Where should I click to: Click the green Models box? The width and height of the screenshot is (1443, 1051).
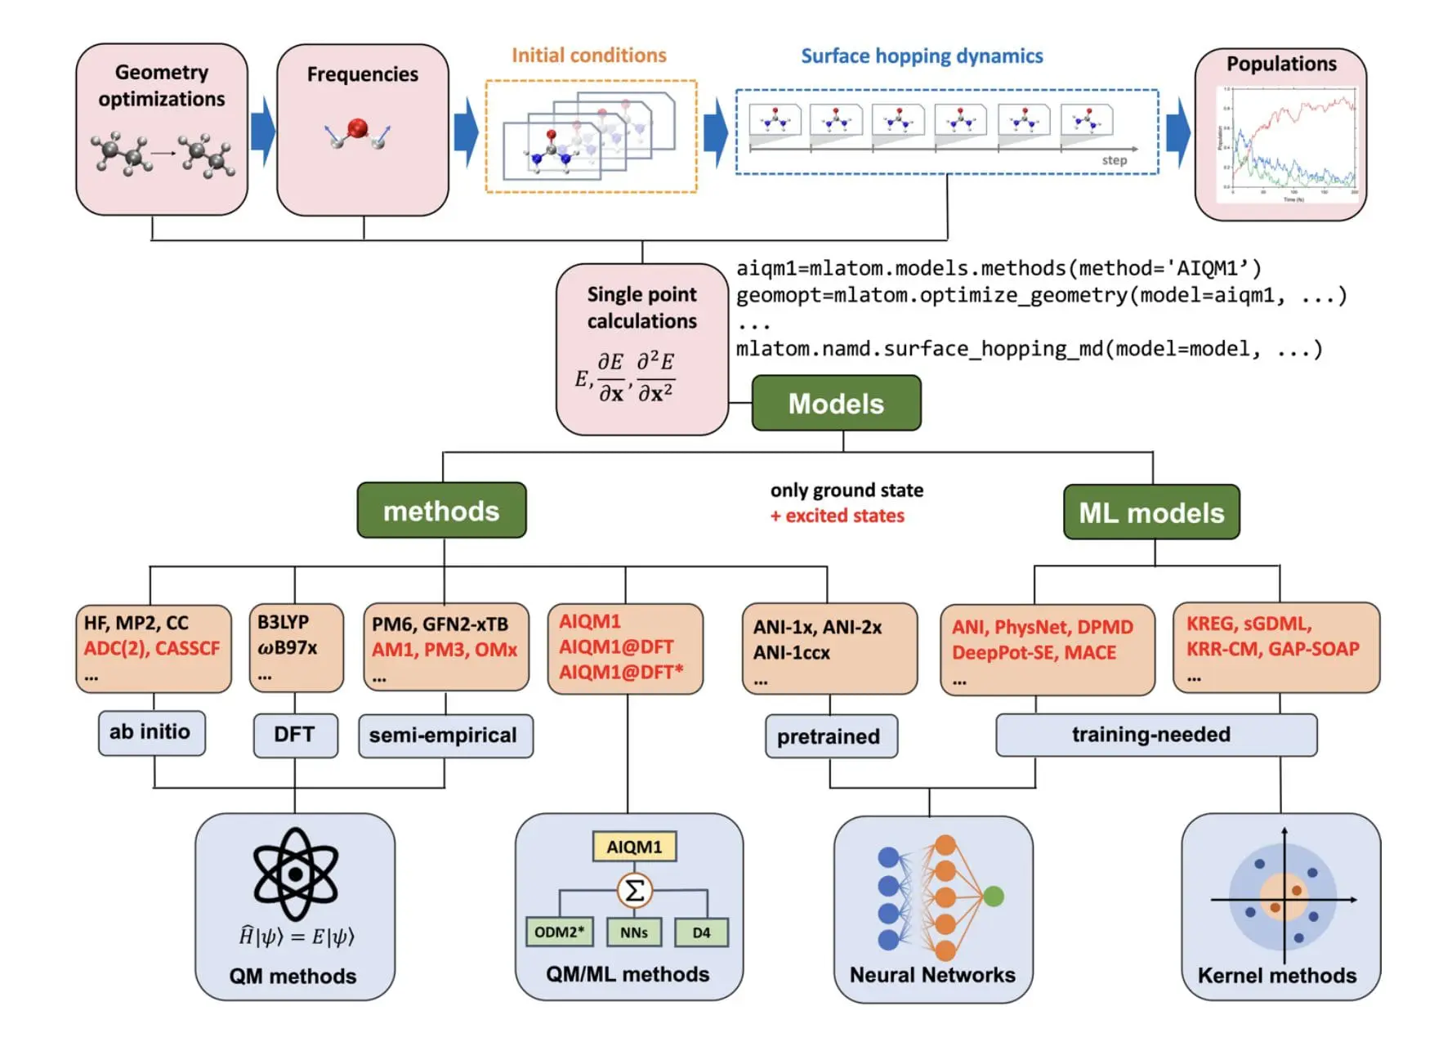[x=835, y=403]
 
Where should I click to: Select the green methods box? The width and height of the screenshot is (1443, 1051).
[x=441, y=511]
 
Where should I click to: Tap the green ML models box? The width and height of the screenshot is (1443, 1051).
[x=1150, y=512]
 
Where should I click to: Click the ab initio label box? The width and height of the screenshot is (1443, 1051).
[x=150, y=732]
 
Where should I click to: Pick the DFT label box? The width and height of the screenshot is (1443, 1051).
[x=294, y=735]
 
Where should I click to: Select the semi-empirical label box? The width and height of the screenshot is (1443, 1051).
[x=445, y=736]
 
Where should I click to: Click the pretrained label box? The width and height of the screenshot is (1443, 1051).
[x=829, y=736]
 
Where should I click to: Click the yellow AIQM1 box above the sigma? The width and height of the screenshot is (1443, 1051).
[x=634, y=847]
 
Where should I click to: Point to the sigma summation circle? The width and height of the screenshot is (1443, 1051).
[x=634, y=890]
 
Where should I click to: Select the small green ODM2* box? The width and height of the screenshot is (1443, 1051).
[x=559, y=932]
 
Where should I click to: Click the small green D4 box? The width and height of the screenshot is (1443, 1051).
[x=701, y=932]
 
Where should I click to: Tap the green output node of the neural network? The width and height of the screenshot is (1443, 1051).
[x=994, y=897]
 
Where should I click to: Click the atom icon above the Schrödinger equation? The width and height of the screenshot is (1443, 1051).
[x=295, y=874]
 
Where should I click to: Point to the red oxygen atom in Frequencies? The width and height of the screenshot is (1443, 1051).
[x=357, y=128]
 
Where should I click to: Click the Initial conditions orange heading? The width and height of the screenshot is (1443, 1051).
[x=588, y=56]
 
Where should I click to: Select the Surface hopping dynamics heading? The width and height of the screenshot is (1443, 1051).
[x=921, y=56]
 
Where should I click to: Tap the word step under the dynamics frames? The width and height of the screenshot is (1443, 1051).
[x=1113, y=160]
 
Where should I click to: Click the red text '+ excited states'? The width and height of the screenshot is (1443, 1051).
[x=837, y=516]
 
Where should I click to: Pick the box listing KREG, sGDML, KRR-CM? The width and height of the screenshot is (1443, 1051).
[x=1275, y=648]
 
